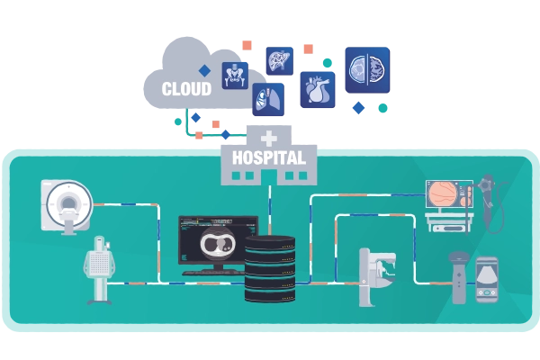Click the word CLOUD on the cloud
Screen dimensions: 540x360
pos(186,89)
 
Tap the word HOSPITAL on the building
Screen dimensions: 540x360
pos(269,157)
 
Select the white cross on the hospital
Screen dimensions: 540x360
pos(269,138)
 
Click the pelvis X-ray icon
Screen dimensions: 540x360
pos(235,76)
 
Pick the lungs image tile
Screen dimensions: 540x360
pos(268,99)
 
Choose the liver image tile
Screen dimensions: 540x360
pos(280,61)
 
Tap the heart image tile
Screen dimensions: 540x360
pos(318,90)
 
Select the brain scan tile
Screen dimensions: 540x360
pos(367,70)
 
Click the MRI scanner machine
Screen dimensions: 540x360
pos(67,206)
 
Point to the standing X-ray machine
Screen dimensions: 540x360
pos(99,270)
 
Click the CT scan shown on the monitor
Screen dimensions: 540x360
pos(219,243)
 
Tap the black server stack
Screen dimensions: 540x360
pos(270,269)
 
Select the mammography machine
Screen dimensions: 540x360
pos(376,276)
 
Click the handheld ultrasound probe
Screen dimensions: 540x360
pos(459,277)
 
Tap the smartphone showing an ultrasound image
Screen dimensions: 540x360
pos(487,280)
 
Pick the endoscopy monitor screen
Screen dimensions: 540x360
pos(449,194)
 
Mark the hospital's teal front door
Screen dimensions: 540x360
pos(269,177)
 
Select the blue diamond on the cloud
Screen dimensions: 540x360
pos(204,70)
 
